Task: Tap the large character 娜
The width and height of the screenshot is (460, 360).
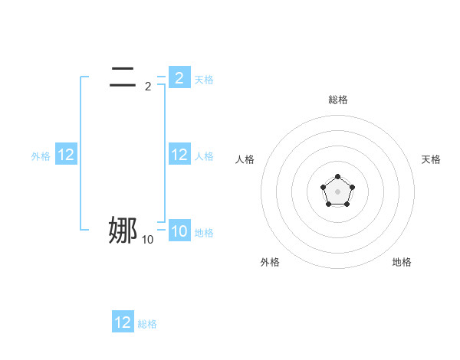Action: coord(123,230)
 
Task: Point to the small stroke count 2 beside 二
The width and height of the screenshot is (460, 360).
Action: coord(148,87)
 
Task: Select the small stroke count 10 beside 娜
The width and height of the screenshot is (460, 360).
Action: coord(147,241)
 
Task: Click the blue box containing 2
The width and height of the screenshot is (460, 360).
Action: coord(179,77)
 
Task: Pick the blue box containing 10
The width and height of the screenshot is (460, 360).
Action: coord(179,231)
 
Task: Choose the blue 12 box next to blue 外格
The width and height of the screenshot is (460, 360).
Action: coord(66,155)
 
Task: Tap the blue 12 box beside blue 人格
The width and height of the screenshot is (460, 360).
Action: coord(179,155)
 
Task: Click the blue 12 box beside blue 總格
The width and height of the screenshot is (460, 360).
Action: coord(123,322)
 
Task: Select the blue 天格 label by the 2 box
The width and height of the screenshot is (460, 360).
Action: coord(204,79)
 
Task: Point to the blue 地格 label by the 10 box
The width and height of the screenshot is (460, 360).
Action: coord(204,233)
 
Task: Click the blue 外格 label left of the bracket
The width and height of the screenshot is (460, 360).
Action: coord(41,156)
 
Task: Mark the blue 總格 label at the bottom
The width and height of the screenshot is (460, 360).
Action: coord(147,324)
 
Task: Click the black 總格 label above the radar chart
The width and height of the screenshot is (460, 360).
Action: coord(337,100)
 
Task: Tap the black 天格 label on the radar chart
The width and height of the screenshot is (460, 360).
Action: coord(431,159)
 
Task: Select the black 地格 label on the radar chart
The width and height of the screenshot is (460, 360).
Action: coord(402,262)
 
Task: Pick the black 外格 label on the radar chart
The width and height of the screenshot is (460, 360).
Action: coord(270,262)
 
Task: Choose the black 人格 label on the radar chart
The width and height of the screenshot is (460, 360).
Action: coord(245,159)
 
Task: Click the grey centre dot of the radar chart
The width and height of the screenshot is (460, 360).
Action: coord(337,191)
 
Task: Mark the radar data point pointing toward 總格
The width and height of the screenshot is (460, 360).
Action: coord(337,177)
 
